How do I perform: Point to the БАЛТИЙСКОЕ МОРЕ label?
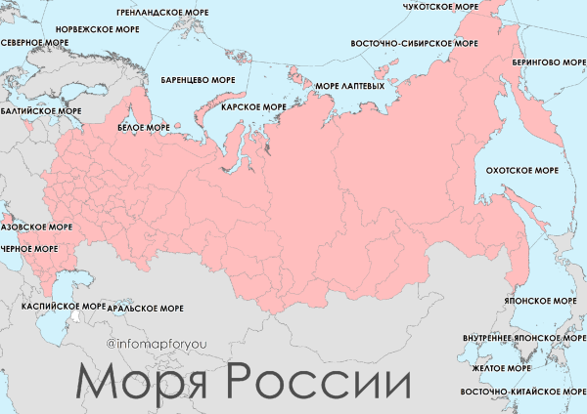[41, 111]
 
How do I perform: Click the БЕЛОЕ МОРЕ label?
[143, 128]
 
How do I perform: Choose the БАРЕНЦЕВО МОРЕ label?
[197, 80]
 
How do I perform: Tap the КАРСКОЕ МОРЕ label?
[254, 107]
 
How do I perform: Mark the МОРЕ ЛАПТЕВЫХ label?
[349, 86]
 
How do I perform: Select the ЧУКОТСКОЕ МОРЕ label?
[441, 7]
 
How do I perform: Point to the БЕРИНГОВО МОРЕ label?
[549, 62]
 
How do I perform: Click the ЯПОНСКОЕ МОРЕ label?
[539, 303]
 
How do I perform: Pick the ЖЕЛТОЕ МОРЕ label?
[500, 369]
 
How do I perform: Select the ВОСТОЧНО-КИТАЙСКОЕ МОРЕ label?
[522, 392]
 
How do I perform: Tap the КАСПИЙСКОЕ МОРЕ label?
[64, 307]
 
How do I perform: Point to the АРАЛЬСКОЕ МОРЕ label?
[146, 309]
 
